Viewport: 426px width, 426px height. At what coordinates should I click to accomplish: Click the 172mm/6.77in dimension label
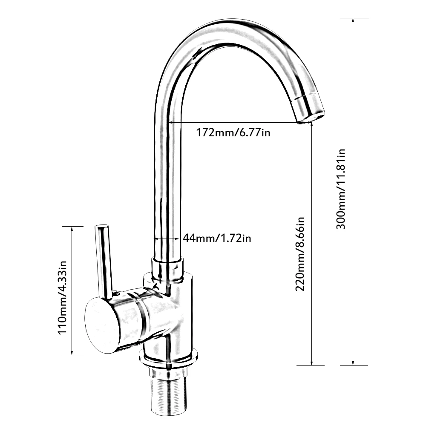(x=233, y=132)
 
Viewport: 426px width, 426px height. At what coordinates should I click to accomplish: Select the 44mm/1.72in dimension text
(x=217, y=238)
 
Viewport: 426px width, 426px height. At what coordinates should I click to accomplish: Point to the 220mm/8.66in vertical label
(x=300, y=254)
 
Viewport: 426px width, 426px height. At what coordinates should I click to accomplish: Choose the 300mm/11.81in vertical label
(x=341, y=189)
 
